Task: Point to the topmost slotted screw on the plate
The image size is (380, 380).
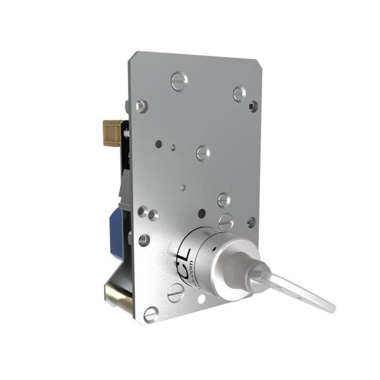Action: (179, 81)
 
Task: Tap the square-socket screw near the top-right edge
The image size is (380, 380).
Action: (253, 106)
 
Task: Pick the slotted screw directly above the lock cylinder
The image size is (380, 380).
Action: (226, 221)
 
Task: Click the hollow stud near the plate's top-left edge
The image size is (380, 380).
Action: (141, 106)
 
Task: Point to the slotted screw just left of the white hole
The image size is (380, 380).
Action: (176, 292)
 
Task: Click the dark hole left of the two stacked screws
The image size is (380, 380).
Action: (202, 214)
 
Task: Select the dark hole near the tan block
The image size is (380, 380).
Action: (158, 144)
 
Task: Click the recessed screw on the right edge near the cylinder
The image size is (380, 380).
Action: (251, 222)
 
